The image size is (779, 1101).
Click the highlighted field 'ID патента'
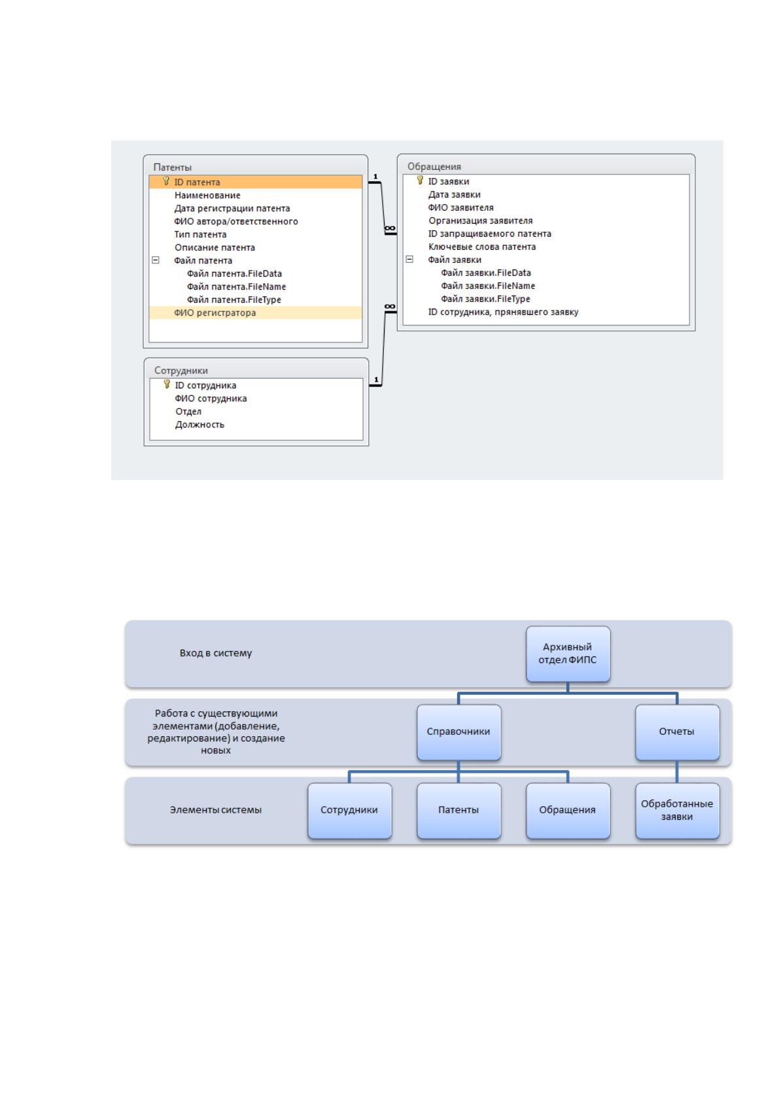point(197,182)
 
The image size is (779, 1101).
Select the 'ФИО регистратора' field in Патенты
point(215,313)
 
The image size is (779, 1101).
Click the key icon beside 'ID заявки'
point(420,180)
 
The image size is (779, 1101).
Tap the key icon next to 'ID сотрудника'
point(167,384)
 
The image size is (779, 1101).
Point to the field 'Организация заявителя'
point(481,221)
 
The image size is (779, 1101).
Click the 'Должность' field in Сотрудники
point(199,424)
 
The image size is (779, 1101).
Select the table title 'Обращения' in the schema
point(434,167)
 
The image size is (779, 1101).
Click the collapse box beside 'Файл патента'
point(156,260)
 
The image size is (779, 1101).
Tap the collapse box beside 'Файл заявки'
point(409,259)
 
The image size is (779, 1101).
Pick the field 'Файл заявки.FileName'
point(488,286)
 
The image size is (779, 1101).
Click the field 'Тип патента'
point(200,235)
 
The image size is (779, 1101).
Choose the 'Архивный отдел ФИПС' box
point(568,654)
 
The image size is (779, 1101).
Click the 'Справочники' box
point(459,732)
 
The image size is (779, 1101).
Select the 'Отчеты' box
point(677,732)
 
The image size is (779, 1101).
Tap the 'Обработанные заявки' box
point(677,811)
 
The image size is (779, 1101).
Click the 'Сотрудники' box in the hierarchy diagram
point(350,811)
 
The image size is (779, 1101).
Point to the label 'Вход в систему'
point(215,653)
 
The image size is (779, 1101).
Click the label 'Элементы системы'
point(215,810)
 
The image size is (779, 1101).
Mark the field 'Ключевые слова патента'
point(482,246)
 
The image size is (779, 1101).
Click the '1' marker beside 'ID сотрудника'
point(376,379)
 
